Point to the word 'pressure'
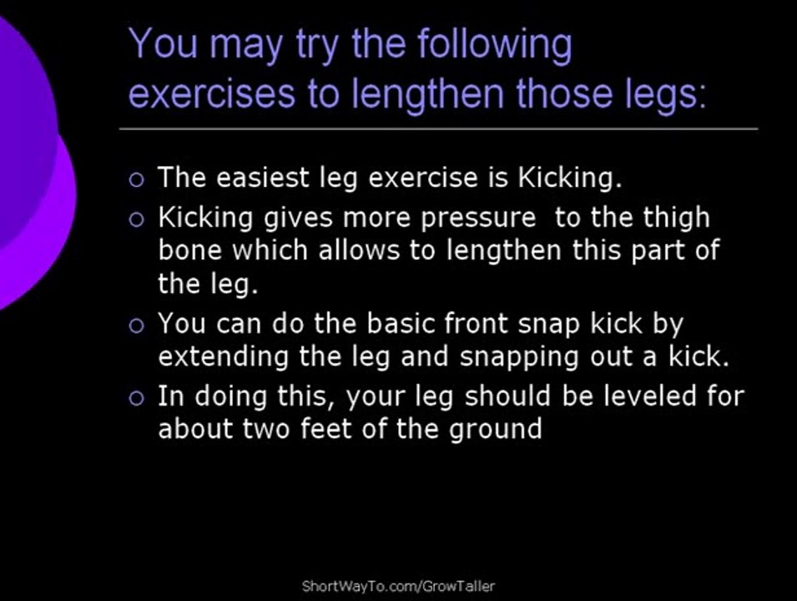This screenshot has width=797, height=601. (x=478, y=218)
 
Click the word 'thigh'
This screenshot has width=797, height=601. (x=677, y=218)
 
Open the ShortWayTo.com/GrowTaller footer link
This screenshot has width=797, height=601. (x=398, y=586)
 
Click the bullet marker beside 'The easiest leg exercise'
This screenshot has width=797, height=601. (x=137, y=179)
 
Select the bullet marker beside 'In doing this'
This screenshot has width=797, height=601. (x=137, y=397)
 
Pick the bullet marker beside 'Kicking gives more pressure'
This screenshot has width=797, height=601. (x=137, y=220)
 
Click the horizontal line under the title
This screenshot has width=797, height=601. (x=438, y=129)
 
